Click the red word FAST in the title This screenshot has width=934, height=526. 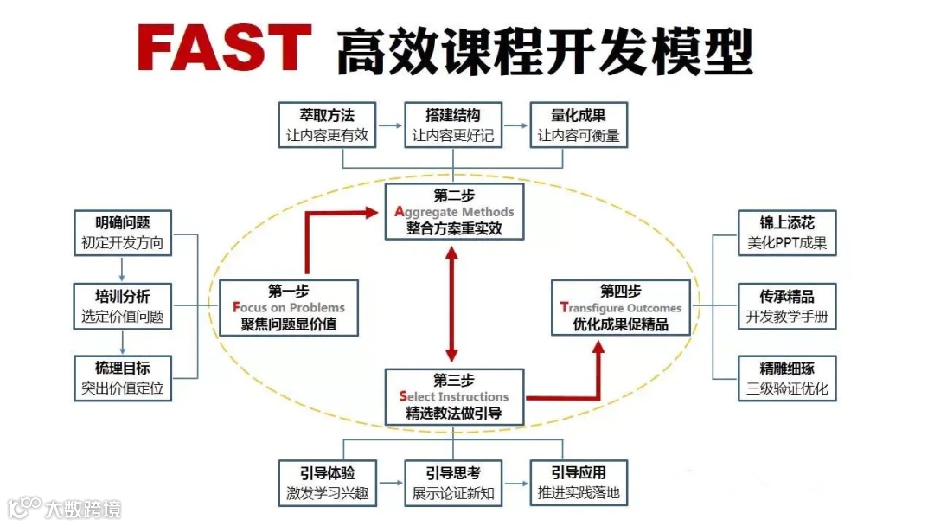[x=224, y=49]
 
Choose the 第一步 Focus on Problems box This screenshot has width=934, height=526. [x=289, y=308]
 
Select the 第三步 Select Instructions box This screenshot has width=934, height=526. [x=454, y=397]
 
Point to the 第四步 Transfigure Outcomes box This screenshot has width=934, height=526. [x=621, y=308]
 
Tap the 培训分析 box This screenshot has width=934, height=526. [x=122, y=306]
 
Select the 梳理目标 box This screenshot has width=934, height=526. [x=122, y=377]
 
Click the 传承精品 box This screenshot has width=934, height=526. [x=787, y=305]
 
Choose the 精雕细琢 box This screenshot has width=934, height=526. [x=787, y=378]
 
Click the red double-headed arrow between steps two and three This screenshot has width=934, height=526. [x=451, y=304]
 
